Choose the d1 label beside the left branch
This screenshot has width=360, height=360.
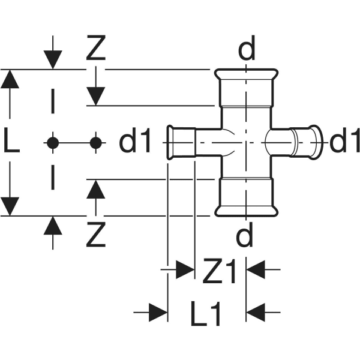(x=139, y=142)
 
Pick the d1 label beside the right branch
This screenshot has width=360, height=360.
(x=343, y=142)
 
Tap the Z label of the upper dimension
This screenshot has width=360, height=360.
(x=95, y=50)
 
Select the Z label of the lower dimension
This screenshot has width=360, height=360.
(x=95, y=236)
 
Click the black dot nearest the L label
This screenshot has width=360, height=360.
(x=53, y=142)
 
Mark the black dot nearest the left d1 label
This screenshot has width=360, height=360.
(x=95, y=142)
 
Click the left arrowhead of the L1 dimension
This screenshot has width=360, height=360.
(x=158, y=312)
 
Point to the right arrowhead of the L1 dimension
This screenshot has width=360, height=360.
(x=256, y=312)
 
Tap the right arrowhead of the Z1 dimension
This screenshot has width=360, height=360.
(x=256, y=270)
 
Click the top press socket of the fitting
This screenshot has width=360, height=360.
(x=245, y=80)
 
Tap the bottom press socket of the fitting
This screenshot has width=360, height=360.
(x=245, y=203)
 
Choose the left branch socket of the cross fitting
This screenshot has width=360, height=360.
(x=180, y=142)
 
